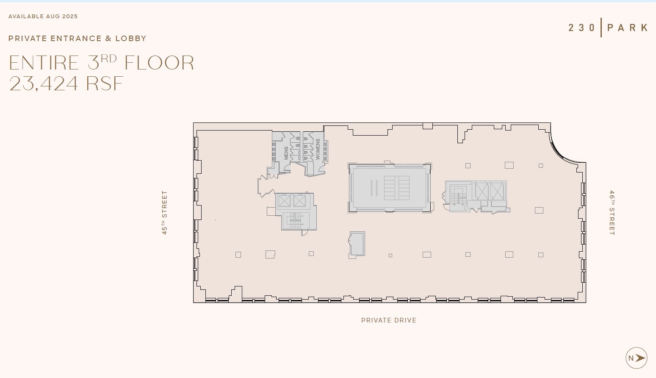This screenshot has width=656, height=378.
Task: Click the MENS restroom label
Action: point(286,153)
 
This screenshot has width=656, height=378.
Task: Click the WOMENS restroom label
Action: point(318,149)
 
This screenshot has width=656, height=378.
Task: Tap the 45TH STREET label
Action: point(164,212)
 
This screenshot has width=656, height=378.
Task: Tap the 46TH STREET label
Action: point(612,213)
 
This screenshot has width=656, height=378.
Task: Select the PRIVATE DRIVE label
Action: point(389,320)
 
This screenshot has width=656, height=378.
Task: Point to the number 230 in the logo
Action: point(582,28)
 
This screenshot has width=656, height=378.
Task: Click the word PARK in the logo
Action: point(628,28)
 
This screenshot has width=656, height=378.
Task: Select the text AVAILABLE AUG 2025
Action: point(43,17)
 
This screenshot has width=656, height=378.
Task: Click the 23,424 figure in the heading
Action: point(44,83)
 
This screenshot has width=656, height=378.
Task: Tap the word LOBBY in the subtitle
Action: point(131,39)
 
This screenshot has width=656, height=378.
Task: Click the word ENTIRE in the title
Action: point(44,63)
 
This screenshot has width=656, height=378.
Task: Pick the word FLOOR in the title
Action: point(159,63)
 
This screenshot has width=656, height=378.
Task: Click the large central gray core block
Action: point(390,187)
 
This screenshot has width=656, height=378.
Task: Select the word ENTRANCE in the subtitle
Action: point(76,39)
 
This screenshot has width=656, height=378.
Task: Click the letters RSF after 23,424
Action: point(105,83)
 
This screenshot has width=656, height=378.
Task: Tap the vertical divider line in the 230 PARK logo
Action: point(601,28)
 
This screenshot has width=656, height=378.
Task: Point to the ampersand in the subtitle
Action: point(108,39)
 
